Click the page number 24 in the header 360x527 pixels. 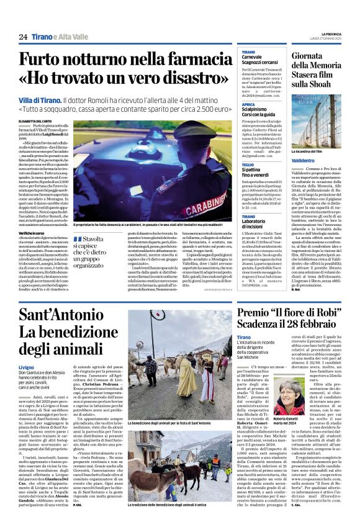pos(23,37)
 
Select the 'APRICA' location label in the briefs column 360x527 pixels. pos(248,105)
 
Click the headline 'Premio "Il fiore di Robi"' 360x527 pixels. pos(292,311)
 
